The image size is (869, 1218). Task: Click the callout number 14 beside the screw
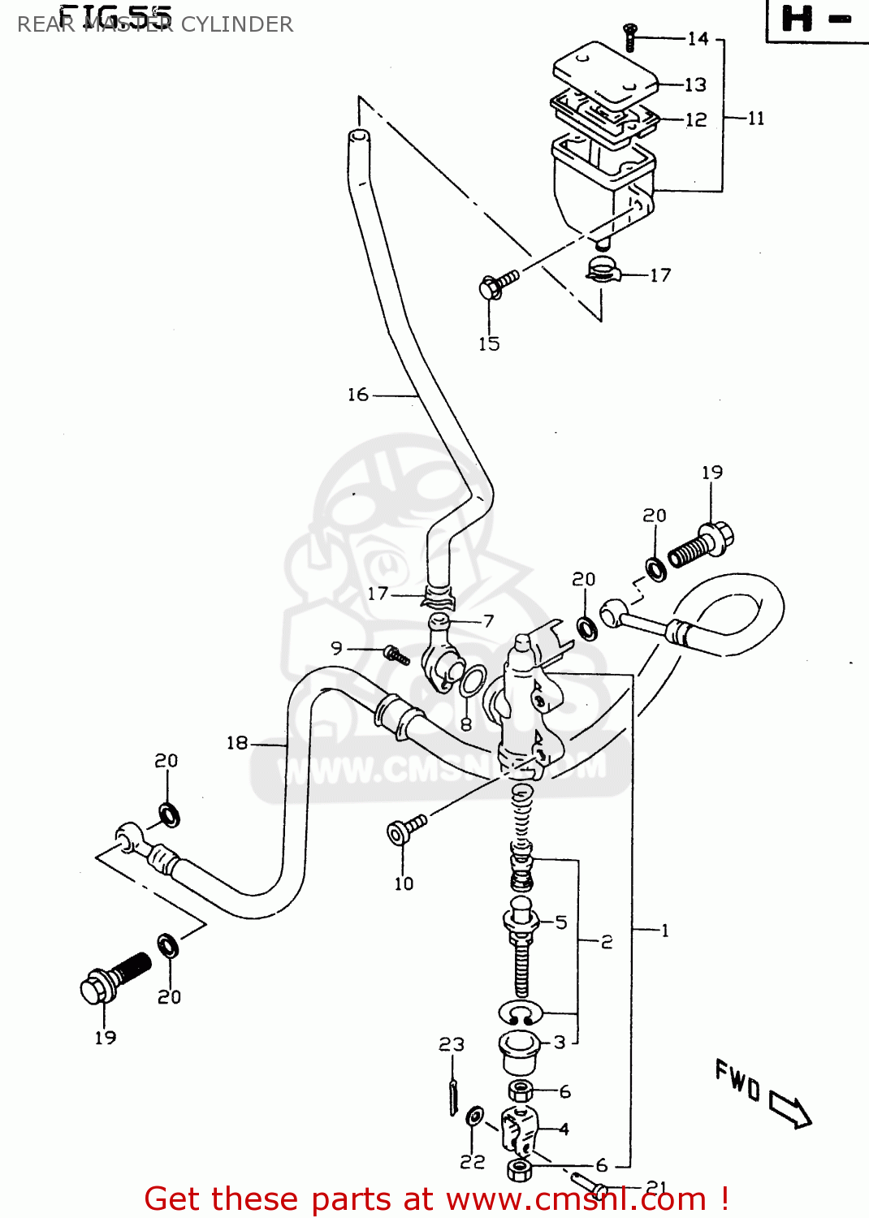click(698, 38)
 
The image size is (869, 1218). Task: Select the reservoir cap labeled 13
click(605, 73)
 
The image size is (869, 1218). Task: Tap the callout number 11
click(755, 119)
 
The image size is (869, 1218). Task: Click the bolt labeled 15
click(497, 285)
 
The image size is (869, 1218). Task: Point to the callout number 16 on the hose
click(358, 395)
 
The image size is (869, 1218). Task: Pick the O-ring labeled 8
click(473, 680)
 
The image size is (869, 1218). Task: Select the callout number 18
click(237, 743)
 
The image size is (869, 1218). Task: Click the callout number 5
click(561, 922)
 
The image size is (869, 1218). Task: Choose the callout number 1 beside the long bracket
click(664, 931)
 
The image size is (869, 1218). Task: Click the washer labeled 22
click(475, 1116)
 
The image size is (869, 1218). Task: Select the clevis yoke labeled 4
click(519, 1129)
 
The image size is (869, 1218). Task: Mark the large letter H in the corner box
click(797, 19)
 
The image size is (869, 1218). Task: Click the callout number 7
click(488, 621)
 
